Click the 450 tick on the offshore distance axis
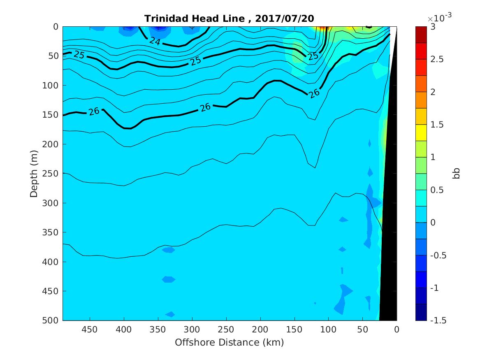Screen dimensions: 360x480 [90, 329]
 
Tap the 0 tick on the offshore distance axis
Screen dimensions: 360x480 [397, 329]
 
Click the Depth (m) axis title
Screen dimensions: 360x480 [34, 174]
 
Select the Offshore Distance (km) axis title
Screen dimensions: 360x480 [230, 342]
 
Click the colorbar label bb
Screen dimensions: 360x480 [456, 174]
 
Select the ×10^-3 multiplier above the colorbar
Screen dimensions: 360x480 [438, 19]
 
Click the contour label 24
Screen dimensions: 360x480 [155, 41]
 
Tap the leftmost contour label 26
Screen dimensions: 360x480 [94, 111]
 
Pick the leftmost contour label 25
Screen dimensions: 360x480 [79, 55]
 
